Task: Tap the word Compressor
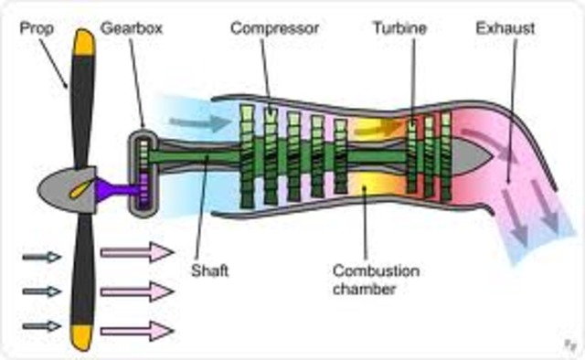[x=274, y=27]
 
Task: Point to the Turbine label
[x=401, y=27]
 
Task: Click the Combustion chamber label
[x=364, y=280]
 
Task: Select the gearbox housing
[x=143, y=175]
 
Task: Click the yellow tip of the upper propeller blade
[x=84, y=42]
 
